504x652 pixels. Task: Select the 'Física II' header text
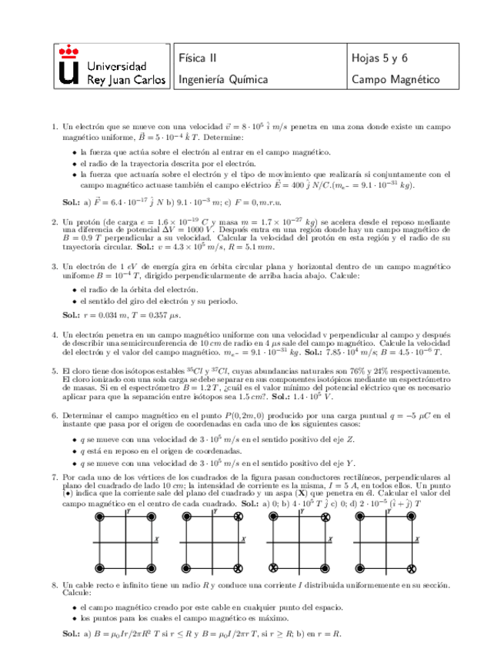[x=199, y=57]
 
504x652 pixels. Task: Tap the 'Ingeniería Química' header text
[x=223, y=79]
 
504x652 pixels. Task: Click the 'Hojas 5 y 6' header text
[x=379, y=57]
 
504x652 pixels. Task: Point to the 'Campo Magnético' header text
[x=395, y=79]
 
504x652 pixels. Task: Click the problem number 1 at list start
[x=54, y=126]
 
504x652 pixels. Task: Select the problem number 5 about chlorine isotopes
[x=54, y=371]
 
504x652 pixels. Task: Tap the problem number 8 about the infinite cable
[x=54, y=585]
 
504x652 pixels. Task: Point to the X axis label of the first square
[x=158, y=539]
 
